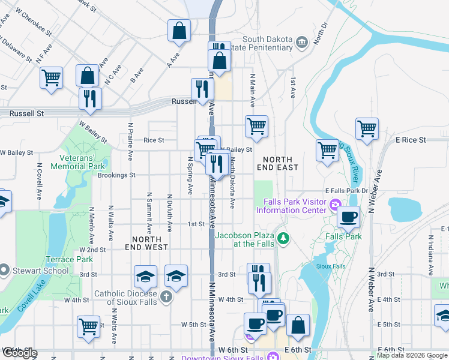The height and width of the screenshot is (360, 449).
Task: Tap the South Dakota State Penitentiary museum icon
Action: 301,41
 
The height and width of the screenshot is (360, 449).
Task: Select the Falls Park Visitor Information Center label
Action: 291,206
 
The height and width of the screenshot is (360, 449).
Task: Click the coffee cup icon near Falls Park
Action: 348,217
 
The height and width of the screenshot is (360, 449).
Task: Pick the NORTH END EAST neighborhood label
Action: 277,163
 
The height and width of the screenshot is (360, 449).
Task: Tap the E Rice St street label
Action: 410,140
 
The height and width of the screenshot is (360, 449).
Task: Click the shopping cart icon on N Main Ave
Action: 256,127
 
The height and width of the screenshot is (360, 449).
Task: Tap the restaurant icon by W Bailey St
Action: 90,98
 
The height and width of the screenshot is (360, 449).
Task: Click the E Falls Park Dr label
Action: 346,190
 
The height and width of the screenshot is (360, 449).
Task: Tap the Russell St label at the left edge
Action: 23,113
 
